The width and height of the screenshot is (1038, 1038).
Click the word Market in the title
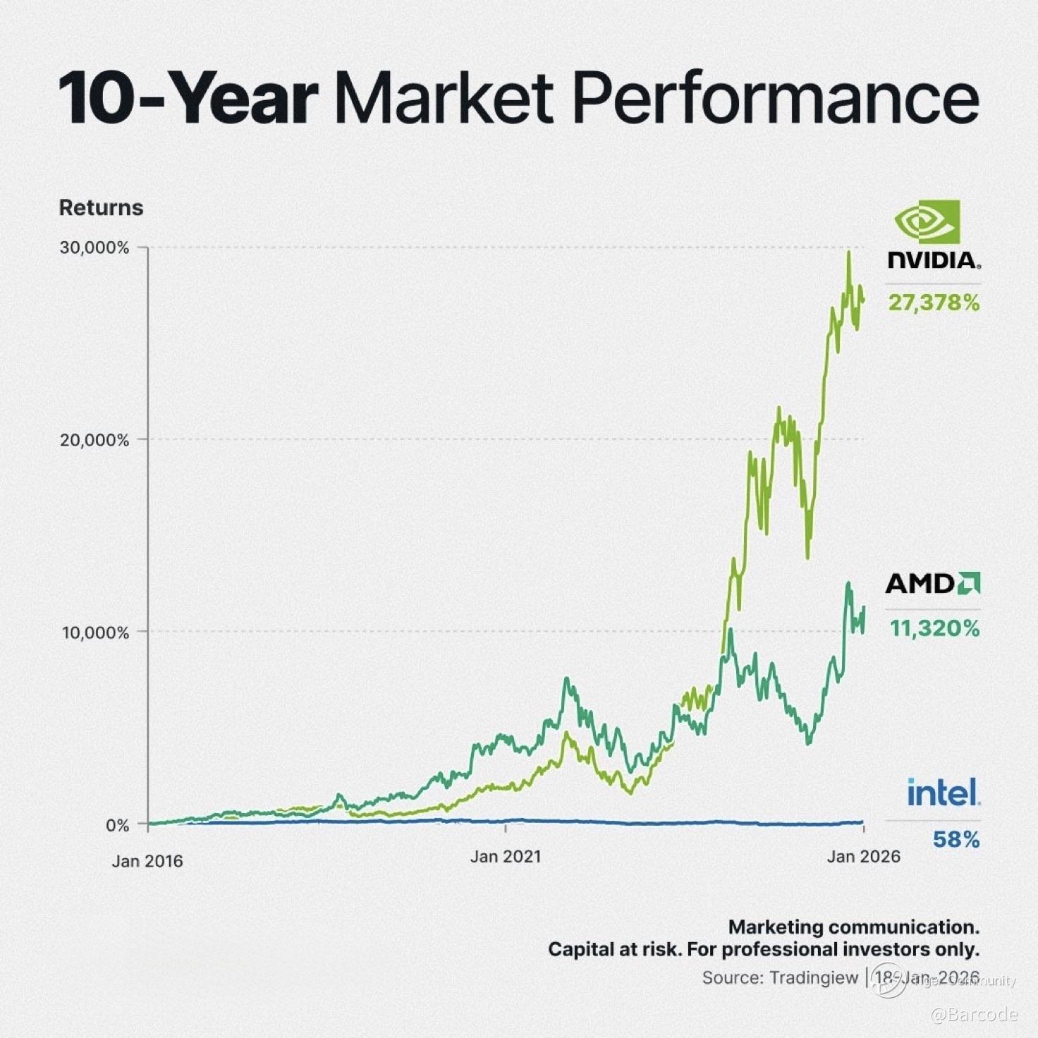(x=444, y=99)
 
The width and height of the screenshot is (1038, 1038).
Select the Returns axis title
(x=101, y=208)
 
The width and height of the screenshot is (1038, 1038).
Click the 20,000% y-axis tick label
(x=94, y=441)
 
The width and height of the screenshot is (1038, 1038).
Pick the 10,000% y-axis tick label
(x=95, y=633)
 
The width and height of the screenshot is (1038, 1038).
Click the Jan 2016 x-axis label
(x=147, y=861)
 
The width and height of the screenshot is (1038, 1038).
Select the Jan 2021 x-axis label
(x=506, y=857)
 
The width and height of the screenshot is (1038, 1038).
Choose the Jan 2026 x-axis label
(x=864, y=857)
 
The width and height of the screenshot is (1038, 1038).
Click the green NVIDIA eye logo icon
(x=927, y=221)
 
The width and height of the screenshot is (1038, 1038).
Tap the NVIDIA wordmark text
(x=934, y=260)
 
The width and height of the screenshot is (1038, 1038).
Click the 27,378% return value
(x=934, y=303)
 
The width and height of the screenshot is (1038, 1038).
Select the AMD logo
(x=932, y=584)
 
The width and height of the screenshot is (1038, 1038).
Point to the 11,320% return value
(x=935, y=628)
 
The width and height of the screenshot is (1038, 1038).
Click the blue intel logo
(x=944, y=793)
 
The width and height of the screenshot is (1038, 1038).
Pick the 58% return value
(x=956, y=840)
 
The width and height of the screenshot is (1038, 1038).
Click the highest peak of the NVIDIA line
(x=848, y=252)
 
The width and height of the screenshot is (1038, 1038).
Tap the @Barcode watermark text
(x=974, y=1015)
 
